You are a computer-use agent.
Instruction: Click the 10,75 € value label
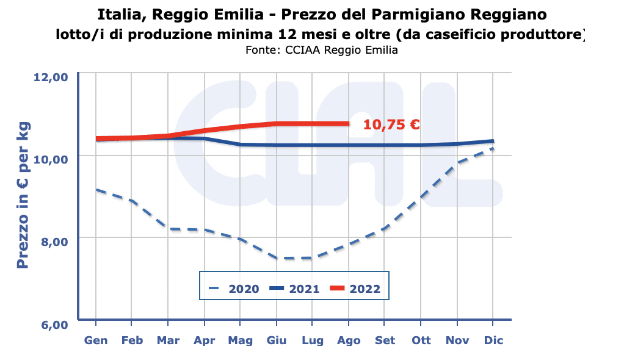(x=391, y=125)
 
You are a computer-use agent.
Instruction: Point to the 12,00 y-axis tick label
(x=50, y=77)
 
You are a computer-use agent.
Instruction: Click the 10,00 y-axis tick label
(x=50, y=159)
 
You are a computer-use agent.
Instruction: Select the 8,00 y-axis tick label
(x=53, y=241)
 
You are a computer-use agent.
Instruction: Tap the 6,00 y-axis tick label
(x=53, y=323)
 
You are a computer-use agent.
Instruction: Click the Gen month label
(x=96, y=340)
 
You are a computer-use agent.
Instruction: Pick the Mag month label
(x=241, y=340)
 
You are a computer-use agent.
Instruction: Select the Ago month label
(x=349, y=340)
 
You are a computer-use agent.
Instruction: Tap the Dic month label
(x=493, y=340)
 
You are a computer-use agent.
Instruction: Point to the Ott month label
(x=421, y=340)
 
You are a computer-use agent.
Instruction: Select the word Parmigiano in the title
(x=405, y=13)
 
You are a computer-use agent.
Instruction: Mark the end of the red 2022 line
(x=348, y=124)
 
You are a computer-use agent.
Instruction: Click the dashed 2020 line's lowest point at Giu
(x=277, y=258)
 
